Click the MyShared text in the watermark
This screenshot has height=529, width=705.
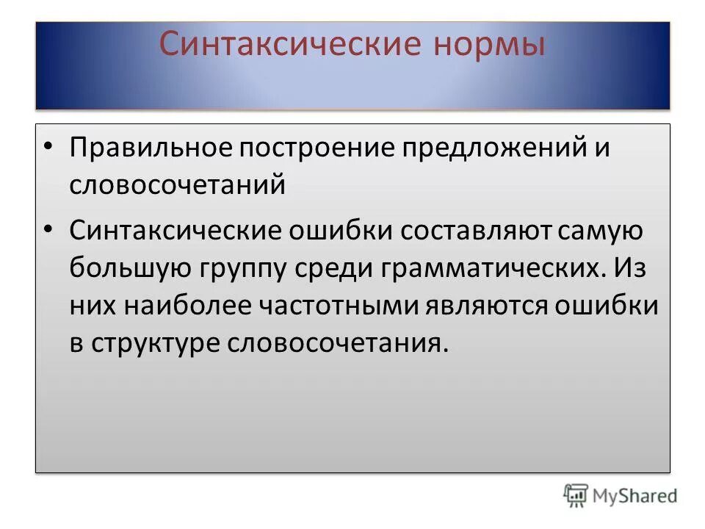coord(636,497)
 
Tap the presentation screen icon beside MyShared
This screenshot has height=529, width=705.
coord(576,496)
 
